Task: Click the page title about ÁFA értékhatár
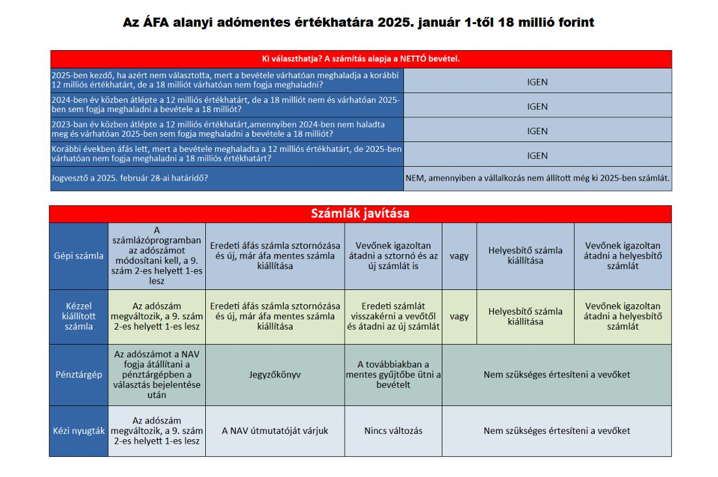(358, 23)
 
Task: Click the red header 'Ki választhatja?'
(360, 59)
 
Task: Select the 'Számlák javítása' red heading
(360, 214)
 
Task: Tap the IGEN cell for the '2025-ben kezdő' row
(537, 81)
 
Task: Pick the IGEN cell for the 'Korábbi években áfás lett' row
(537, 155)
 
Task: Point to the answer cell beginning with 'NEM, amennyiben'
(537, 178)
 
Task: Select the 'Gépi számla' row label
(78, 256)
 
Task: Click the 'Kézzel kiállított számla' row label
(78, 316)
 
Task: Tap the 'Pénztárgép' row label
(78, 375)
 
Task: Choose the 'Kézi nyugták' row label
(78, 431)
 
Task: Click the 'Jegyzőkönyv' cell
(274, 375)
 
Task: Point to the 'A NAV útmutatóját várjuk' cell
(274, 431)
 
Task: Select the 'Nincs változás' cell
(393, 431)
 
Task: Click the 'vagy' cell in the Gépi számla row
(459, 256)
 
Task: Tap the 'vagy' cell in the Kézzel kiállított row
(459, 316)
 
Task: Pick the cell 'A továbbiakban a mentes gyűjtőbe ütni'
(393, 375)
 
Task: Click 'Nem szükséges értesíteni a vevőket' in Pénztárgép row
(556, 375)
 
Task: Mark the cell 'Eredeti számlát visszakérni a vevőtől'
(393, 316)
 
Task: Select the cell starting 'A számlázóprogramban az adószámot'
(156, 256)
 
